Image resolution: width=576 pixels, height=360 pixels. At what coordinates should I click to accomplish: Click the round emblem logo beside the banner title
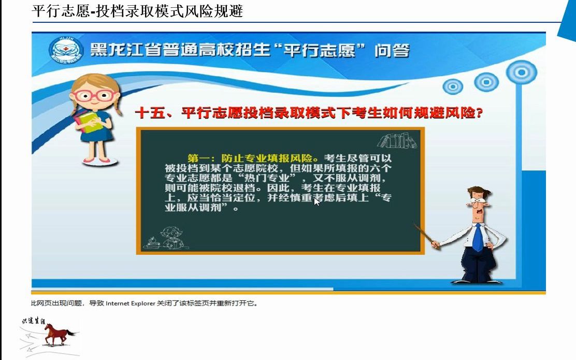(63, 51)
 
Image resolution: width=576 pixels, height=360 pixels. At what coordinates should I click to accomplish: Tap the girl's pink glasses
(93, 96)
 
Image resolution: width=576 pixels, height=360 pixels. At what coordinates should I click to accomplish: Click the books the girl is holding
(87, 121)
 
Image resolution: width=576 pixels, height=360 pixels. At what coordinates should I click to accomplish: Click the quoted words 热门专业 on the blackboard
(268, 178)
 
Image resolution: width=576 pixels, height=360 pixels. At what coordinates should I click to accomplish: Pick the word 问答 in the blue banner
(392, 51)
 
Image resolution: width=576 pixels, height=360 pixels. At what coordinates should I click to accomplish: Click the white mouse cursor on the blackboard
(316, 201)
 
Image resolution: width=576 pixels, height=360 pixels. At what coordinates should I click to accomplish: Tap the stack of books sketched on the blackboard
(398, 140)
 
